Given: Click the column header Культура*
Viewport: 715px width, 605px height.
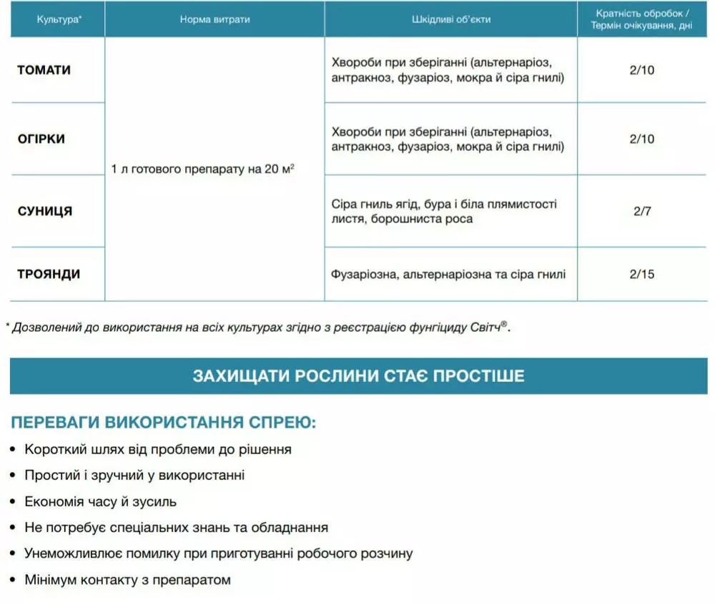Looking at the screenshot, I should (59, 19).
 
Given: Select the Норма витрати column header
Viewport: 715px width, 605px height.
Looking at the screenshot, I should (214, 19).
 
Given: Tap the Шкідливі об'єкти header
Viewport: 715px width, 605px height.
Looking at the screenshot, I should (451, 19).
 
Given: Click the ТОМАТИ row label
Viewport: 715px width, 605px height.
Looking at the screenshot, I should (44, 70).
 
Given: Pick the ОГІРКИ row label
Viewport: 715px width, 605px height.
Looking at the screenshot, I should (41, 139).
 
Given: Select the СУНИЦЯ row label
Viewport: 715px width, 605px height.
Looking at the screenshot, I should (45, 211).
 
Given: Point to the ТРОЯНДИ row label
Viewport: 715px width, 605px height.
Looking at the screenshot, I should (49, 274).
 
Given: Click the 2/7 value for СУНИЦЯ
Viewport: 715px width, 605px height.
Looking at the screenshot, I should (642, 211).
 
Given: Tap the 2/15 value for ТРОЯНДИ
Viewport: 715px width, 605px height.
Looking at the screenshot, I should (642, 274).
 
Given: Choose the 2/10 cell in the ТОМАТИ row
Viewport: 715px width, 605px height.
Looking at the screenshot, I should (642, 70).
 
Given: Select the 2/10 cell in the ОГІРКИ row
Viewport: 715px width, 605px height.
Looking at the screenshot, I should (642, 139).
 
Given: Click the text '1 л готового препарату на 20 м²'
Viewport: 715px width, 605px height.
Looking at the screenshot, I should (203, 170).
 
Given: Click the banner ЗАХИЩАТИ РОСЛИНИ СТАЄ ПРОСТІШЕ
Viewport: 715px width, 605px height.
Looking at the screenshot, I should (358, 375).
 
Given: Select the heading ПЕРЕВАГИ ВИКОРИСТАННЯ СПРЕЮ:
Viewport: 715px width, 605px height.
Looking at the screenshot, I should (163, 422).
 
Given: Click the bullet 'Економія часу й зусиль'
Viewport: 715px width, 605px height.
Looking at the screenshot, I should (100, 501).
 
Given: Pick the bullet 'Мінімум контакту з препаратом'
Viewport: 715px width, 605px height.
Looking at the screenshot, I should (127, 579).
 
